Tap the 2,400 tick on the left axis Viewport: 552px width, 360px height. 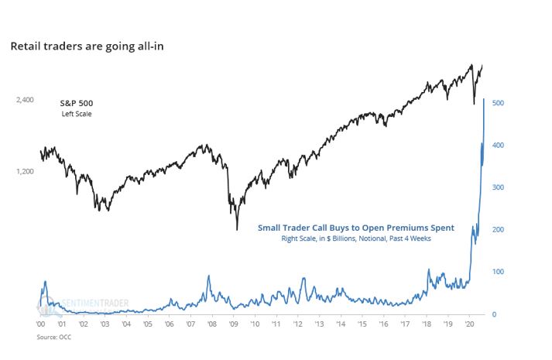[x=26, y=101]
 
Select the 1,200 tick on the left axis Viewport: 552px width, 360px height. [x=26, y=171]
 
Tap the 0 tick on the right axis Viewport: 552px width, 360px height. [x=494, y=314]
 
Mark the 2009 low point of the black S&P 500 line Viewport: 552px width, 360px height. [x=236, y=229]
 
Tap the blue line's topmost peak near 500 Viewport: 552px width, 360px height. [x=484, y=100]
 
